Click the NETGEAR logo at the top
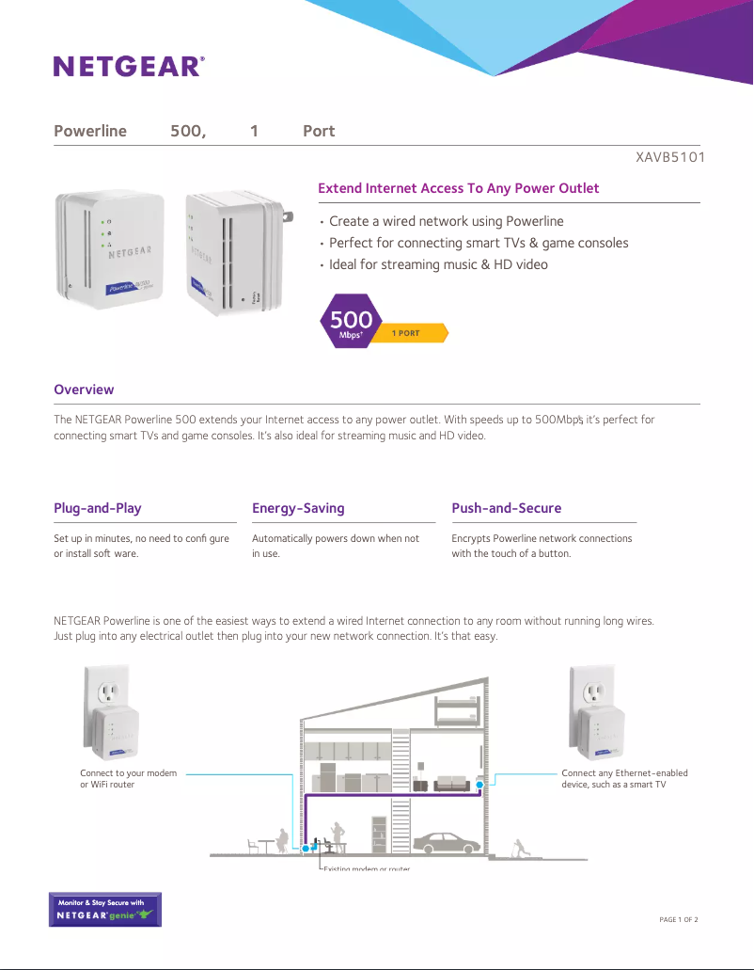[129, 66]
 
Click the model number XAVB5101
[670, 157]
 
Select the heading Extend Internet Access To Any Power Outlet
[458, 188]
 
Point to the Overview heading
[84, 390]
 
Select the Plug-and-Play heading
[97, 508]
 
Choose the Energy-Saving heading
[298, 508]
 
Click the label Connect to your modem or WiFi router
[128, 778]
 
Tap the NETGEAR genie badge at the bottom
[104, 910]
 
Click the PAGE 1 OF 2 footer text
[679, 919]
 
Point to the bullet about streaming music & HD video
[438, 264]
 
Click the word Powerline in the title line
[90, 131]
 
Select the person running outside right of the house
[520, 847]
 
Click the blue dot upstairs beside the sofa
[479, 784]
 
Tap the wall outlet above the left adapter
[110, 694]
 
